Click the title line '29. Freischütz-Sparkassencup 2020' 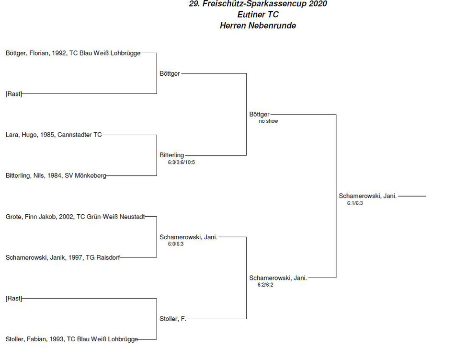[258, 4]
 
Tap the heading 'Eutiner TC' [258, 14]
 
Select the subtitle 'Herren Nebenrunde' [258, 25]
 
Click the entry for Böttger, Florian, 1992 [73, 53]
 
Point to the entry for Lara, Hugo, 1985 [54, 135]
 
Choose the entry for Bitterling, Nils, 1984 [56, 175]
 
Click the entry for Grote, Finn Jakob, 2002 [75, 217]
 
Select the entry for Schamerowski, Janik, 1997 [62, 257]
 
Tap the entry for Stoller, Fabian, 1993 [72, 339]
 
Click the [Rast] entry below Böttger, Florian [13, 94]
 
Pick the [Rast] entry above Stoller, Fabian [13, 298]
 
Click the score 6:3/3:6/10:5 [182, 163]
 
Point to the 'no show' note [268, 121]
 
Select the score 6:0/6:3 [176, 244]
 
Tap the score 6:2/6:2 [265, 285]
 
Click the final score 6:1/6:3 [355, 203]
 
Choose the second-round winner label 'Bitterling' [172, 155]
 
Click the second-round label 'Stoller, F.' [172, 319]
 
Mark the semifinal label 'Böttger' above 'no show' [260, 115]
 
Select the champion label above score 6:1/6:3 [368, 196]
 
